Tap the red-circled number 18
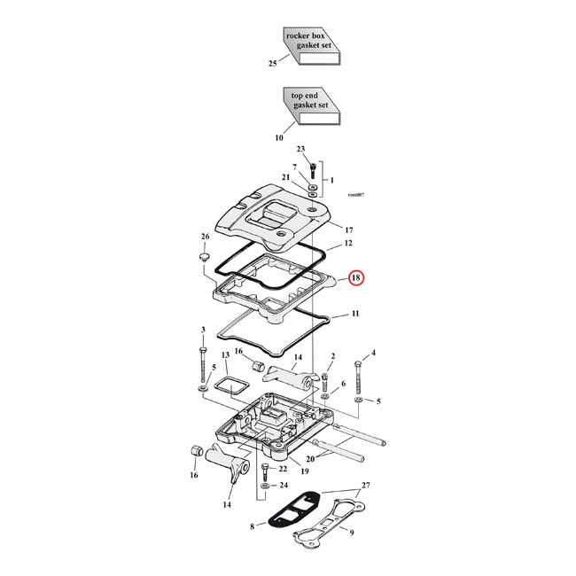coord(355,278)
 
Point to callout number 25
coord(273,64)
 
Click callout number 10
coord(279,137)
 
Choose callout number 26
coord(206,237)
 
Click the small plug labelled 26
coord(203,258)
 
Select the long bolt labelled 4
coord(359,378)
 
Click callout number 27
coord(367,486)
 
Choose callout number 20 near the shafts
coord(309,459)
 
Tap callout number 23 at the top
coord(300,149)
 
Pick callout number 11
coord(354,314)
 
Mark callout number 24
coord(284,485)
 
